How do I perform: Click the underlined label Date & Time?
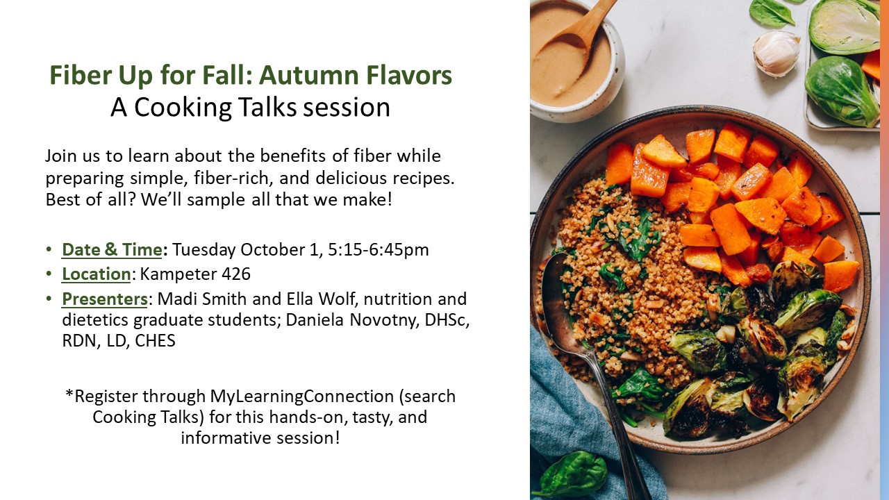point(112,250)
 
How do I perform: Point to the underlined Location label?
point(96,274)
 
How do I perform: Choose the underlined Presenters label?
point(104,299)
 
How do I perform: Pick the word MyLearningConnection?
point(302,397)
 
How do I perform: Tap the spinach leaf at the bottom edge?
point(571,474)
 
